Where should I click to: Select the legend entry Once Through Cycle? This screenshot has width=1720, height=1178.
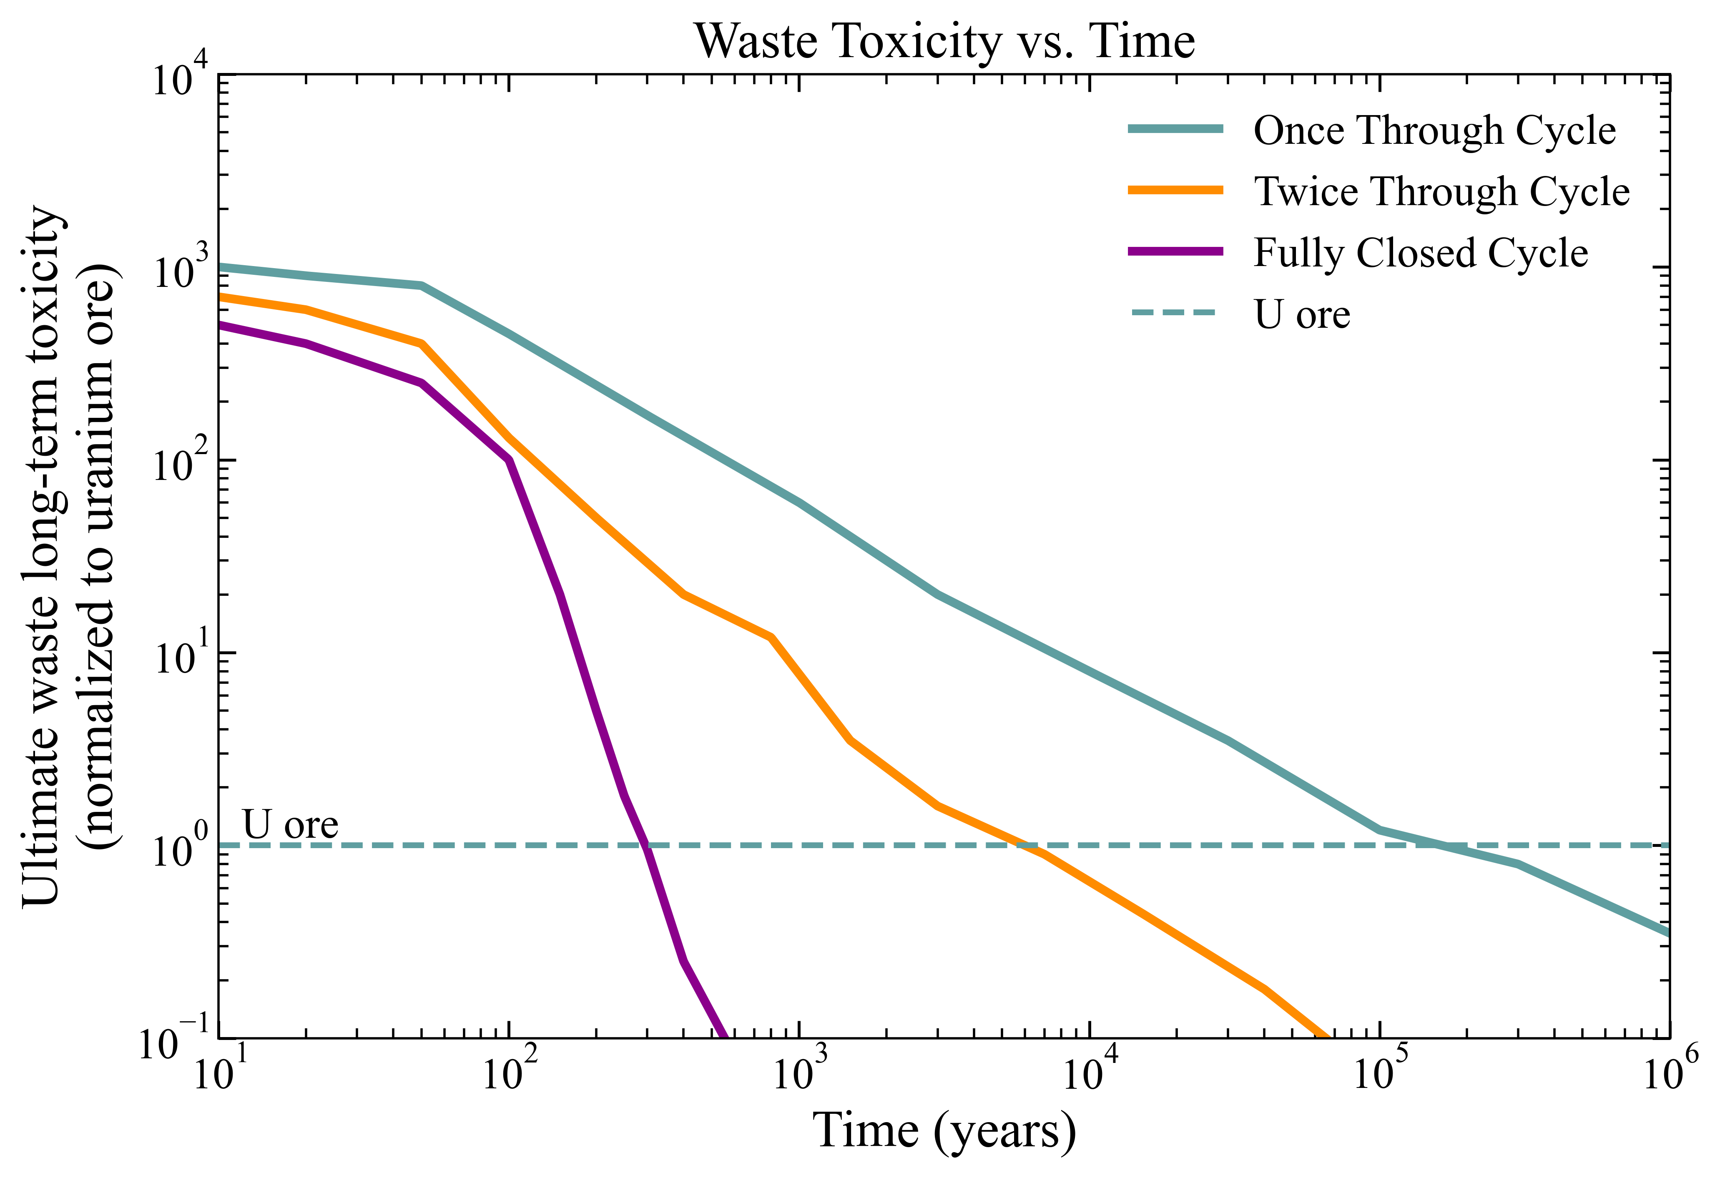[1434, 131]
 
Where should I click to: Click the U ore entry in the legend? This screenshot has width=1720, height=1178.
[1302, 315]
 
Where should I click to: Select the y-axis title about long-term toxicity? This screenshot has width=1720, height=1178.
[70, 555]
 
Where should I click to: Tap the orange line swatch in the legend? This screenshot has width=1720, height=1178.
[1175, 190]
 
